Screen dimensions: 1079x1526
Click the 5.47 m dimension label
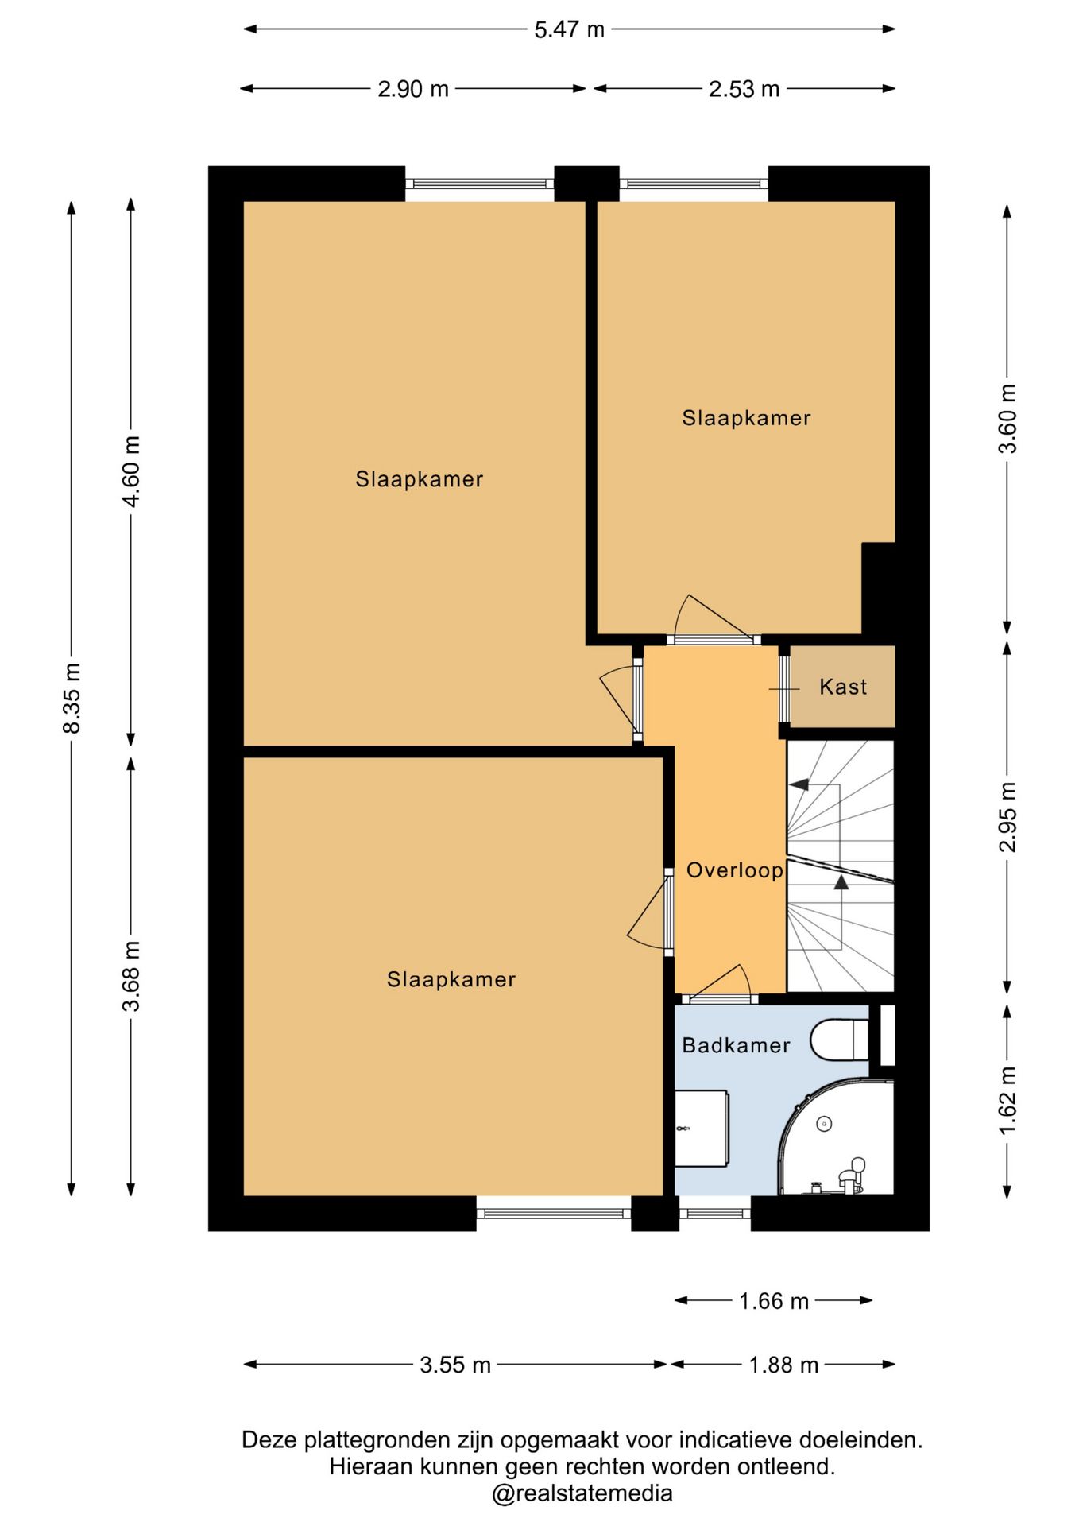pyautogui.click(x=569, y=29)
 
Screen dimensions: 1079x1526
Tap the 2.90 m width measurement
pyautogui.click(x=413, y=89)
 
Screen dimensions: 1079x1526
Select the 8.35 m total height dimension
pyautogui.click(x=72, y=698)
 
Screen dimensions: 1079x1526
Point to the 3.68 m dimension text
pyautogui.click(x=132, y=976)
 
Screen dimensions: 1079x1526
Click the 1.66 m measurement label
pyautogui.click(x=774, y=1301)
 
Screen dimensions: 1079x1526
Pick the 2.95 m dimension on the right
pyautogui.click(x=1007, y=817)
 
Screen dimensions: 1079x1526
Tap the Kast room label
pyautogui.click(x=843, y=687)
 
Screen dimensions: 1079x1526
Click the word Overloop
pyautogui.click(x=735, y=870)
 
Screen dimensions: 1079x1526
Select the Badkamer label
pyautogui.click(x=737, y=1045)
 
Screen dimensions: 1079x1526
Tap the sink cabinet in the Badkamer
pyautogui.click(x=702, y=1129)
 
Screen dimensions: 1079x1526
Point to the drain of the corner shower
pyautogui.click(x=824, y=1124)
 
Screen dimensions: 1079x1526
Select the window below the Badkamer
pyautogui.click(x=715, y=1213)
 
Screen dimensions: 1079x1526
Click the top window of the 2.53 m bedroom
pyautogui.click(x=694, y=184)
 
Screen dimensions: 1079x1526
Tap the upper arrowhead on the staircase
pyautogui.click(x=799, y=785)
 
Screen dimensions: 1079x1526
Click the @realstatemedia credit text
pyautogui.click(x=582, y=1493)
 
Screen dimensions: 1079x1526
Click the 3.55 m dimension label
pyautogui.click(x=455, y=1365)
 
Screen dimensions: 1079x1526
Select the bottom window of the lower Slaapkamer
pyautogui.click(x=554, y=1213)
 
